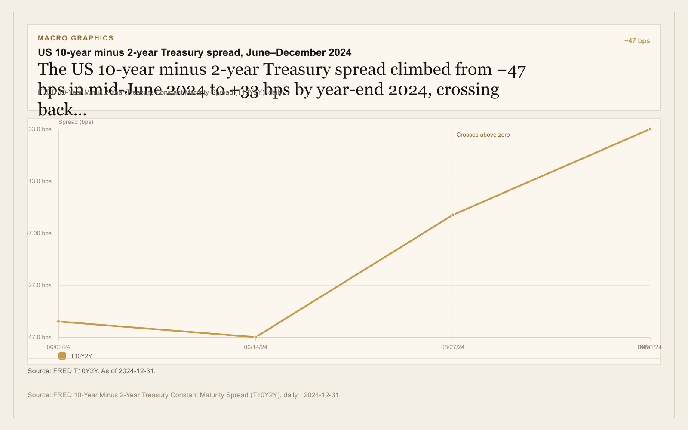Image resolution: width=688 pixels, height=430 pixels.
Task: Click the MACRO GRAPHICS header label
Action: click(76, 38)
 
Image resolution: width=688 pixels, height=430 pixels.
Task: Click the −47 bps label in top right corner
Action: click(637, 41)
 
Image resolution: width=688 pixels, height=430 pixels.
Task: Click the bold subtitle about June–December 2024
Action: click(194, 52)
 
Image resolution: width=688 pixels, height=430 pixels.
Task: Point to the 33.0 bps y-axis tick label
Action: click(40, 129)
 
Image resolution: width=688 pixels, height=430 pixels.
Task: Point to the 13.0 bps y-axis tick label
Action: click(40, 181)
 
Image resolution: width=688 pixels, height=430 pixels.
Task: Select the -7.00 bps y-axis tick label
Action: click(39, 233)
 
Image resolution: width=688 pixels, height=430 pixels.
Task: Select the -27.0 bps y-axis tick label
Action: click(39, 285)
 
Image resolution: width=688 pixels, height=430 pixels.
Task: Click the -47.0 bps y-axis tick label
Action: click(39, 337)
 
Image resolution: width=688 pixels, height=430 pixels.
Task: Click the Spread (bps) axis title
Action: click(76, 122)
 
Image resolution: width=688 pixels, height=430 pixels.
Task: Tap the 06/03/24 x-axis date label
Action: click(58, 347)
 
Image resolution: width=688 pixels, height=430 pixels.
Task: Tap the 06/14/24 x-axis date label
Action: click(255, 347)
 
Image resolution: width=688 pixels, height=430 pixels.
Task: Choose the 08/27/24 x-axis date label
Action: click(453, 347)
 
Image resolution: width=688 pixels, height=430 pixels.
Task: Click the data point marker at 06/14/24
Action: click(255, 337)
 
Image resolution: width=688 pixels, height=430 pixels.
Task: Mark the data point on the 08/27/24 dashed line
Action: click(453, 215)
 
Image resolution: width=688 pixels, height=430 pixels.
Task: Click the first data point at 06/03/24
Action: click(58, 321)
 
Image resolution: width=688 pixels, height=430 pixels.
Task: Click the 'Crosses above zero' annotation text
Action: click(483, 135)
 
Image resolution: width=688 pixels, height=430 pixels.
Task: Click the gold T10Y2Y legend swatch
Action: click(62, 356)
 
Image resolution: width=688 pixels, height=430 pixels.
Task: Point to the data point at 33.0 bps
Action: click(650, 129)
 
